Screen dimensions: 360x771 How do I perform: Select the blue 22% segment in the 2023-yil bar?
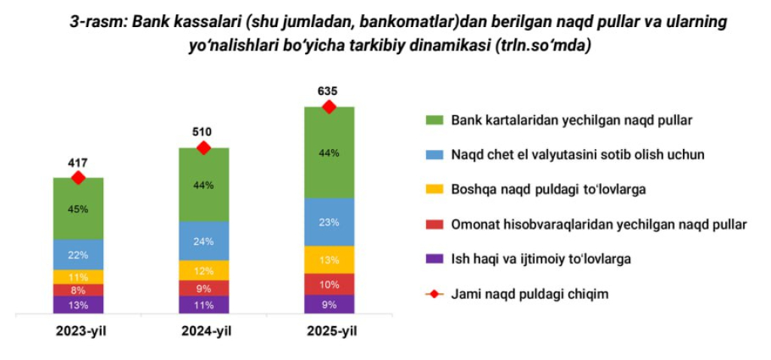78,255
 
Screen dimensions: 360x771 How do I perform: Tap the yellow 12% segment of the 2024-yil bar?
203,270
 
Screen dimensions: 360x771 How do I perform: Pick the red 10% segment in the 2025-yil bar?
328,284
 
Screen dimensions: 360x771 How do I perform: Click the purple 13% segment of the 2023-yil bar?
78,305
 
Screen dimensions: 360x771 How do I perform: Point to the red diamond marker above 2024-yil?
203,148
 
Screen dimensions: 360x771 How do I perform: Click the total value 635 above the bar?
328,91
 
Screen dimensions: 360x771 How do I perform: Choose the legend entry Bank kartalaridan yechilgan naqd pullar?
571,120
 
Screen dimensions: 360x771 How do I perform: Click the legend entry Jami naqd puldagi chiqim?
529,294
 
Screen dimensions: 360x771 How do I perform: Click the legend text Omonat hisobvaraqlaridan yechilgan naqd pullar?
599,224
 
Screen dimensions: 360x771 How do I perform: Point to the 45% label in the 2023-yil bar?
78,209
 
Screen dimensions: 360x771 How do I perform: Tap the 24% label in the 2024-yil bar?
203,241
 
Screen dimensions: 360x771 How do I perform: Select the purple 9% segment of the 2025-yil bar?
328,304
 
